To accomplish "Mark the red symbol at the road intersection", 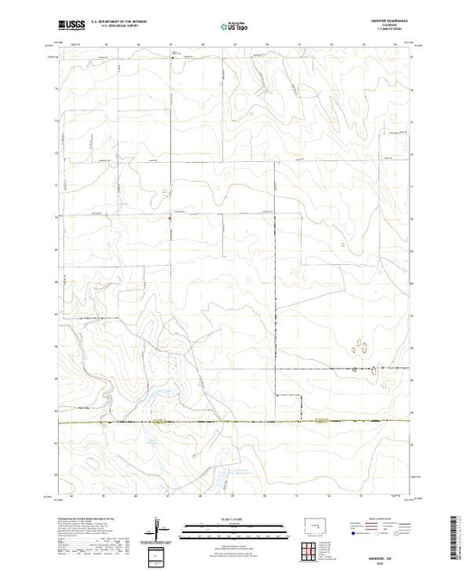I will click(x=169, y=216).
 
